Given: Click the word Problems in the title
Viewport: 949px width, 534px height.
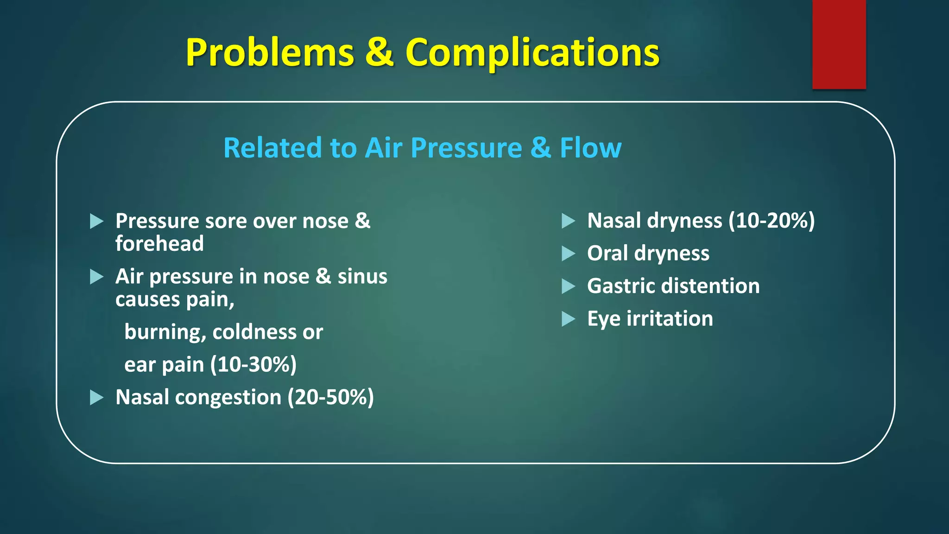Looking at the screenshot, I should (270, 53).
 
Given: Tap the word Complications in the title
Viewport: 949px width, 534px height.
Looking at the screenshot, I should (532, 53).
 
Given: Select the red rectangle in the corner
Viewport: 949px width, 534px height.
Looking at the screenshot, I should (839, 44).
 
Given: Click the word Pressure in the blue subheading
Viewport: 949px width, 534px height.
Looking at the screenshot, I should (467, 148).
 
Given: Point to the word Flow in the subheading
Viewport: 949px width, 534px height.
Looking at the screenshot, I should (590, 148).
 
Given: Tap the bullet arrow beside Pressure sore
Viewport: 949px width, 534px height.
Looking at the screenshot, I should (96, 221).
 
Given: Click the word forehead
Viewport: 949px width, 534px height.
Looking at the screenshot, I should (159, 244).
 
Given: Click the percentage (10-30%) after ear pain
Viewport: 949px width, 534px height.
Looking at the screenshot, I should (253, 365).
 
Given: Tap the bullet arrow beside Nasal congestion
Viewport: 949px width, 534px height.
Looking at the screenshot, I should (96, 397).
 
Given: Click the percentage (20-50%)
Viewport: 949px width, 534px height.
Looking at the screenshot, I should (330, 398).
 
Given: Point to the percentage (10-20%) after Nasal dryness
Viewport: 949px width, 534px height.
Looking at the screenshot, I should (772, 221).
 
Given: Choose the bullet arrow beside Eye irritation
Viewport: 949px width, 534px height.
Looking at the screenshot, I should (568, 319).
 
